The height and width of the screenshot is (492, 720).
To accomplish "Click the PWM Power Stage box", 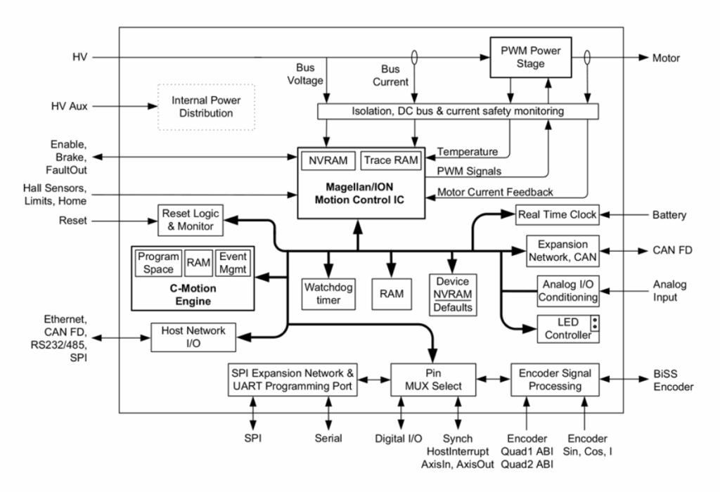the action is point(530,58).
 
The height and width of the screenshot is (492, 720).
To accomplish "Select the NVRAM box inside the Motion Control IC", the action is point(328,161).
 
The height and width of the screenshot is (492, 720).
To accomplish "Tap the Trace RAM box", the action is point(391,161).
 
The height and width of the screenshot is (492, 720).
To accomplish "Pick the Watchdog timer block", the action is point(328,294).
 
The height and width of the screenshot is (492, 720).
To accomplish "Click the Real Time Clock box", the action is point(557,215).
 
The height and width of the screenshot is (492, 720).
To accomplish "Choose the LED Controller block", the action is point(568,329).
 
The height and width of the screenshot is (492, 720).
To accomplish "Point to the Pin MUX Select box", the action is point(433,380).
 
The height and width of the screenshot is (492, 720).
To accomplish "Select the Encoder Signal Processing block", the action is point(555,380).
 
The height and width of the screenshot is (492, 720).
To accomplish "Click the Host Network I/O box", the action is point(193,337).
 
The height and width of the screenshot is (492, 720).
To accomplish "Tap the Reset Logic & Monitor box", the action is point(191,220).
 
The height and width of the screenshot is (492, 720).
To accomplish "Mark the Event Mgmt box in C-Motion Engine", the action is point(233,263).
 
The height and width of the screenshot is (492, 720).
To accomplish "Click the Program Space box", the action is point(158,263).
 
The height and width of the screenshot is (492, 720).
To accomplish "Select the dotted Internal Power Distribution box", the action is point(206,107).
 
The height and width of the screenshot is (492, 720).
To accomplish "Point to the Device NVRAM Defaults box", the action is point(453,294).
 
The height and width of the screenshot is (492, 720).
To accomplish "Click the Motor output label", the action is point(666,58).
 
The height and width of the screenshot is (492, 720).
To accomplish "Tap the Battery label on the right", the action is point(669,215).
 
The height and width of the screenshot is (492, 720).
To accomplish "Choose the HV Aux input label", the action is point(70,106).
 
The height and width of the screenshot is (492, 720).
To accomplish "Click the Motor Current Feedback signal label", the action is point(495,193).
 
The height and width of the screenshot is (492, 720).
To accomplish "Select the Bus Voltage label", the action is point(305,74).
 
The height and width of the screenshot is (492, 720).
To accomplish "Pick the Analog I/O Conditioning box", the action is point(568,291).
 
